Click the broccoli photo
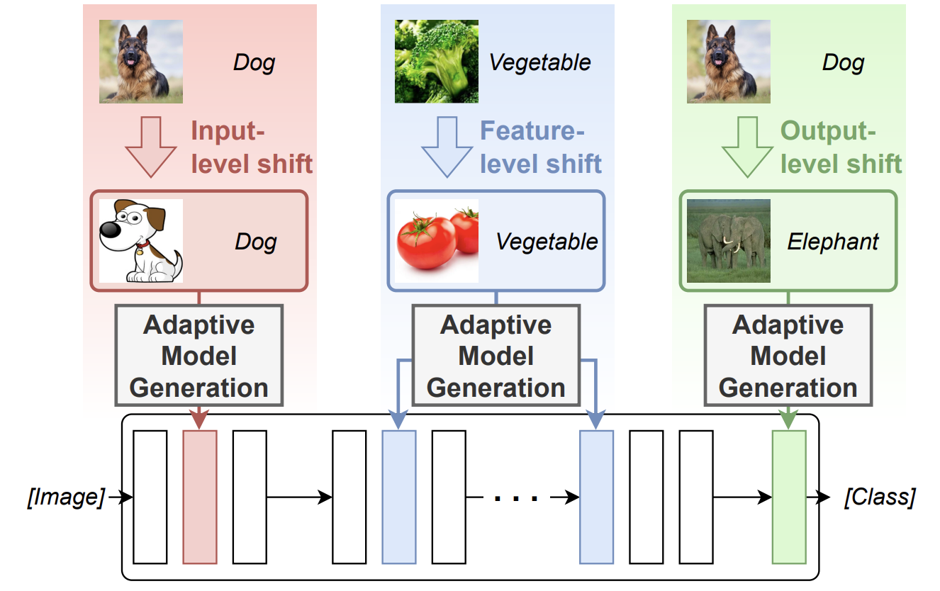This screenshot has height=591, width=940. [x=436, y=62]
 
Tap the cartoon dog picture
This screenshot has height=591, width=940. [x=140, y=241]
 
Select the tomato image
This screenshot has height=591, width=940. [x=436, y=241]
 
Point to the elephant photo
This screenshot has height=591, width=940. [x=729, y=241]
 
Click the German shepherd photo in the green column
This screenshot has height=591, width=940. [x=729, y=62]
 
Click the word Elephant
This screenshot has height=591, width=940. [x=833, y=242]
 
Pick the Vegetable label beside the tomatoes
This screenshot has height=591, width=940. [x=547, y=242]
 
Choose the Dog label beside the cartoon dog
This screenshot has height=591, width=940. [x=255, y=242]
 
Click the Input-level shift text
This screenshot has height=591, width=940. [x=252, y=147]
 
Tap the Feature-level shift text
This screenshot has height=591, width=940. [x=541, y=147]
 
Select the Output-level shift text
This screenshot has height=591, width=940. [x=841, y=147]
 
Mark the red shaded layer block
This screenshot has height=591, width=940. [x=199, y=496]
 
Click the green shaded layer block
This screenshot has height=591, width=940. [x=788, y=496]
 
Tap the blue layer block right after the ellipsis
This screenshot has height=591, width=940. [x=596, y=496]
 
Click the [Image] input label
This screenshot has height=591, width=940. [x=65, y=497]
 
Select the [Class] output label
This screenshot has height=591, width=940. [x=879, y=497]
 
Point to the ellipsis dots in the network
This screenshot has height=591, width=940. [x=516, y=498]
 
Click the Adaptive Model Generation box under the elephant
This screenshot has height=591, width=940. [x=788, y=356]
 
